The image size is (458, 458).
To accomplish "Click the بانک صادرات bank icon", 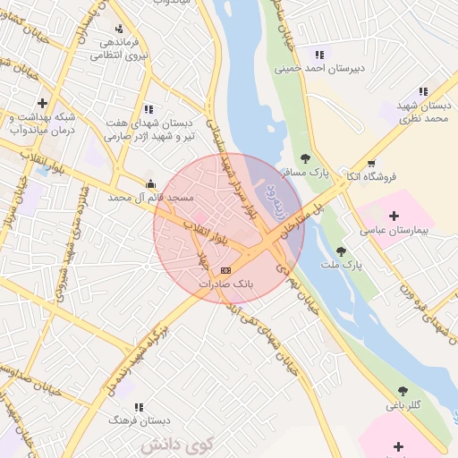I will [225, 269].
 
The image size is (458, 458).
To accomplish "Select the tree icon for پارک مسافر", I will [305, 158].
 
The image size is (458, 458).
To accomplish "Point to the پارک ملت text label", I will [340, 265].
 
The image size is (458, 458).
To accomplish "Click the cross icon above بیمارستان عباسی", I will [394, 216].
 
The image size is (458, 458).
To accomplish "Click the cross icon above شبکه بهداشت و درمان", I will [42, 103].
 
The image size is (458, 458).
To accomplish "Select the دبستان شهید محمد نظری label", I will [422, 111].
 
